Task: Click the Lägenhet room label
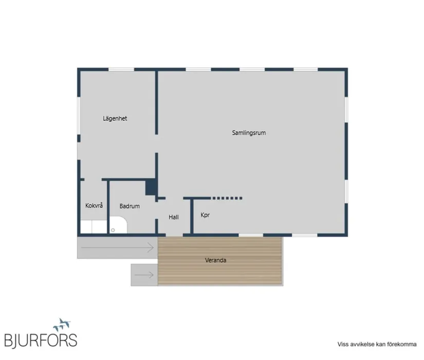coord(115,119)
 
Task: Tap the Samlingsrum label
coord(249,132)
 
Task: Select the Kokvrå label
coord(94,205)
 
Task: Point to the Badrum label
coord(130,206)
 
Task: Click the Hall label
coord(174,217)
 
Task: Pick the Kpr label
coord(205,215)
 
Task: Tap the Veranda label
coord(215,260)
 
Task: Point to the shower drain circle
coord(113,230)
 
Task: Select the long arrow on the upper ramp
coord(117,248)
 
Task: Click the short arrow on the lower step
coord(144,275)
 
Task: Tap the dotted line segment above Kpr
coord(227,198)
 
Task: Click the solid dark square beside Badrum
coord(151,187)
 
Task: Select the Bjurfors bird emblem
coord(62,325)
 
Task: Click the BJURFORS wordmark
coord(41,340)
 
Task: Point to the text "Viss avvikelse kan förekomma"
coord(377,344)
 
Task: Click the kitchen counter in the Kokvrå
coord(94,227)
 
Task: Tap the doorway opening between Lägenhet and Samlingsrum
coord(156,143)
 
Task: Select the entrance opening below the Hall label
coord(174,235)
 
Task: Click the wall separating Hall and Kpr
coord(192,216)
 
